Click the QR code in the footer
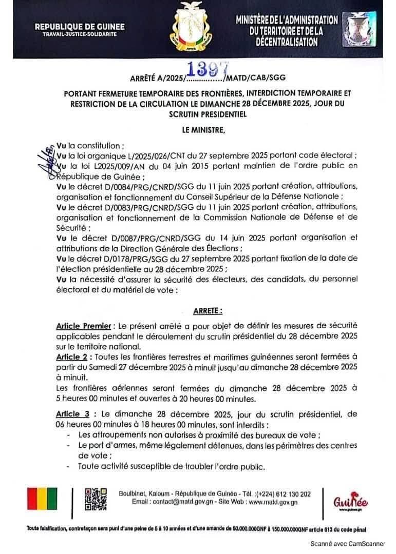(x=96, y=497)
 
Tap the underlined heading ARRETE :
(x=208, y=311)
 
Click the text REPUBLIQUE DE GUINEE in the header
(x=79, y=26)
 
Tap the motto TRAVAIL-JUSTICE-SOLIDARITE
(x=79, y=34)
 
